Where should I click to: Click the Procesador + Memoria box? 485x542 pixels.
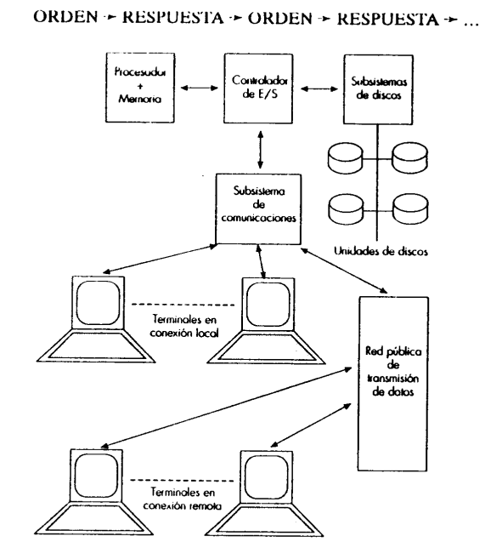[139, 88]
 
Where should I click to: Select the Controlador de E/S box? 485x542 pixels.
[258, 88]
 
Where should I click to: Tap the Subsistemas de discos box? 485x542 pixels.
[378, 89]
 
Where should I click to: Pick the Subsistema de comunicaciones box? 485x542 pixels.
[258, 208]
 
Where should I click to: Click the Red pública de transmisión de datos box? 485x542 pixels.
[393, 384]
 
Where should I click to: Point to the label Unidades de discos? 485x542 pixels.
[381, 251]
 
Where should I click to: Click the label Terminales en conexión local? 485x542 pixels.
[184, 326]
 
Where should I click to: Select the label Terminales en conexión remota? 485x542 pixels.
[182, 499]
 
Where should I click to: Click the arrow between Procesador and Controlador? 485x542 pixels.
[200, 88]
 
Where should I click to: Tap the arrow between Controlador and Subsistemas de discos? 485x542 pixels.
[319, 88]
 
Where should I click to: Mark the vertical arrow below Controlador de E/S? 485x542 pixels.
[261, 150]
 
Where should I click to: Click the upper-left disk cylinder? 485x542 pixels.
[346, 158]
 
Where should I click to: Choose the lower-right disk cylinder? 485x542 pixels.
[410, 208]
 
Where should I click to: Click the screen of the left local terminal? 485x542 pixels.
[99, 302]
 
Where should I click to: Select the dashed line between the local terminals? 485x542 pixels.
[183, 305]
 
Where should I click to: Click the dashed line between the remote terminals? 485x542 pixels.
[182, 480]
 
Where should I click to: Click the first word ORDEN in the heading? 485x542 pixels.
[65, 16]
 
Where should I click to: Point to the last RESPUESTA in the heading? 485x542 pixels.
[387, 19]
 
